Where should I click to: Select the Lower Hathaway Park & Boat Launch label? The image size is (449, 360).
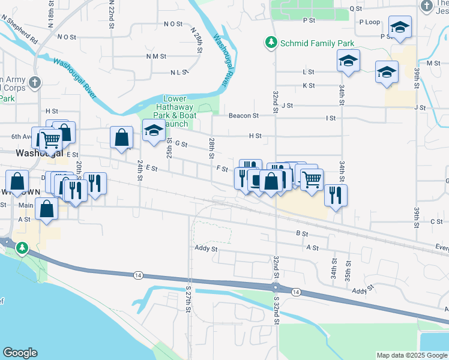click(175, 111)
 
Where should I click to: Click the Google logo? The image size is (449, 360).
click(20, 353)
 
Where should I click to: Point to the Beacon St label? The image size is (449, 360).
click(243, 116)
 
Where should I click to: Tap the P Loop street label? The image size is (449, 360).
click(370, 22)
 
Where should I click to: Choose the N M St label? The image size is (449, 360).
click(155, 56)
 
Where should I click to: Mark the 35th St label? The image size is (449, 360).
click(348, 272)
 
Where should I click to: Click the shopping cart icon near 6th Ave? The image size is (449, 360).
click(51, 140)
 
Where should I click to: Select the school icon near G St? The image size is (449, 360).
click(154, 130)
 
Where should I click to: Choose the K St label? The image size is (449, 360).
click(309, 86)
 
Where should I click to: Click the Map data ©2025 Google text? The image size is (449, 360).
click(411, 355)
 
